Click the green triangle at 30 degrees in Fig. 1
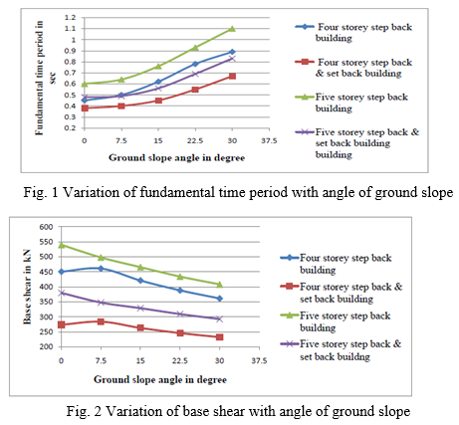click(x=232, y=29)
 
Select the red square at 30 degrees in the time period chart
click(x=232, y=76)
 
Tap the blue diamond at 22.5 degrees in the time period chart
click(x=195, y=64)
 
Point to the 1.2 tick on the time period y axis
click(x=72, y=17)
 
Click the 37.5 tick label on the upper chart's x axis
click(x=269, y=140)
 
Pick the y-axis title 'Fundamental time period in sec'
click(x=44, y=79)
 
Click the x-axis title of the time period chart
click(x=176, y=157)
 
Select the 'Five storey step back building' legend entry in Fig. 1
click(x=352, y=103)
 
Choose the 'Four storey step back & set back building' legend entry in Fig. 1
click(x=354, y=68)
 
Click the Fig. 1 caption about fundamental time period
click(x=238, y=192)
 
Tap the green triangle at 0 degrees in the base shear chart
click(x=62, y=245)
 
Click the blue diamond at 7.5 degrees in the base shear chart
click(x=101, y=269)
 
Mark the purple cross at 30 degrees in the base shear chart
click(x=219, y=319)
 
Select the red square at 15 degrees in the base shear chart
click(x=140, y=327)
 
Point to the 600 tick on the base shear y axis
click(x=46, y=227)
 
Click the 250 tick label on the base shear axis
click(x=46, y=331)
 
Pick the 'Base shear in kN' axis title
click(x=27, y=287)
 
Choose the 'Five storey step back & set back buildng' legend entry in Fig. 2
click(x=342, y=350)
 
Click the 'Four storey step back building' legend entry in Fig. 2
click(x=336, y=264)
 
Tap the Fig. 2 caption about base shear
click(x=238, y=411)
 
